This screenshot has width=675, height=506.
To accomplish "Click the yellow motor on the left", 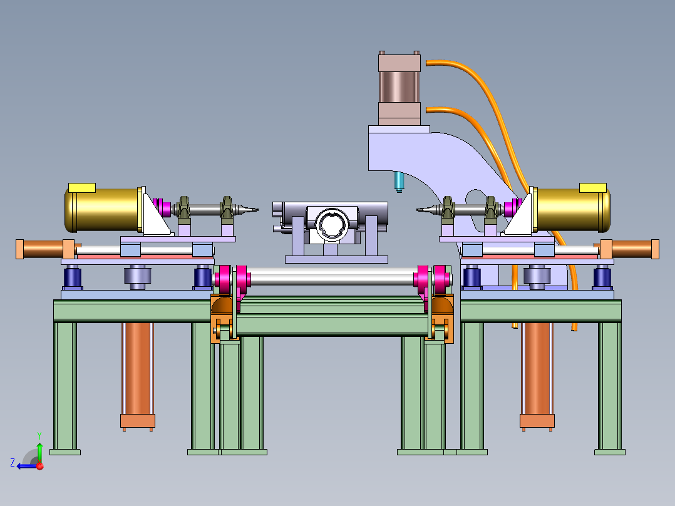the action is click(103, 210).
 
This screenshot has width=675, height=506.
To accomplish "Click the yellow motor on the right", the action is click(572, 210).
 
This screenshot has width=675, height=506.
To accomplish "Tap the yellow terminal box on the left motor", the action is click(82, 188).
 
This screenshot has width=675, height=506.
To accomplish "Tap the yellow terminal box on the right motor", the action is click(593, 188).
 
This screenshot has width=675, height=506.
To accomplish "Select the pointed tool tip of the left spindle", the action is click(258, 210).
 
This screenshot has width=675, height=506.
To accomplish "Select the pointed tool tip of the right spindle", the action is click(417, 210).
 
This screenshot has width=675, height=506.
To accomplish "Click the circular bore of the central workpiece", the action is click(332, 224).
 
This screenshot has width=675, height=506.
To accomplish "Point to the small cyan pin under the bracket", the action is click(399, 182).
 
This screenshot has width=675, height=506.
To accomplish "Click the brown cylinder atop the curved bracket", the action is click(399, 88).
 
